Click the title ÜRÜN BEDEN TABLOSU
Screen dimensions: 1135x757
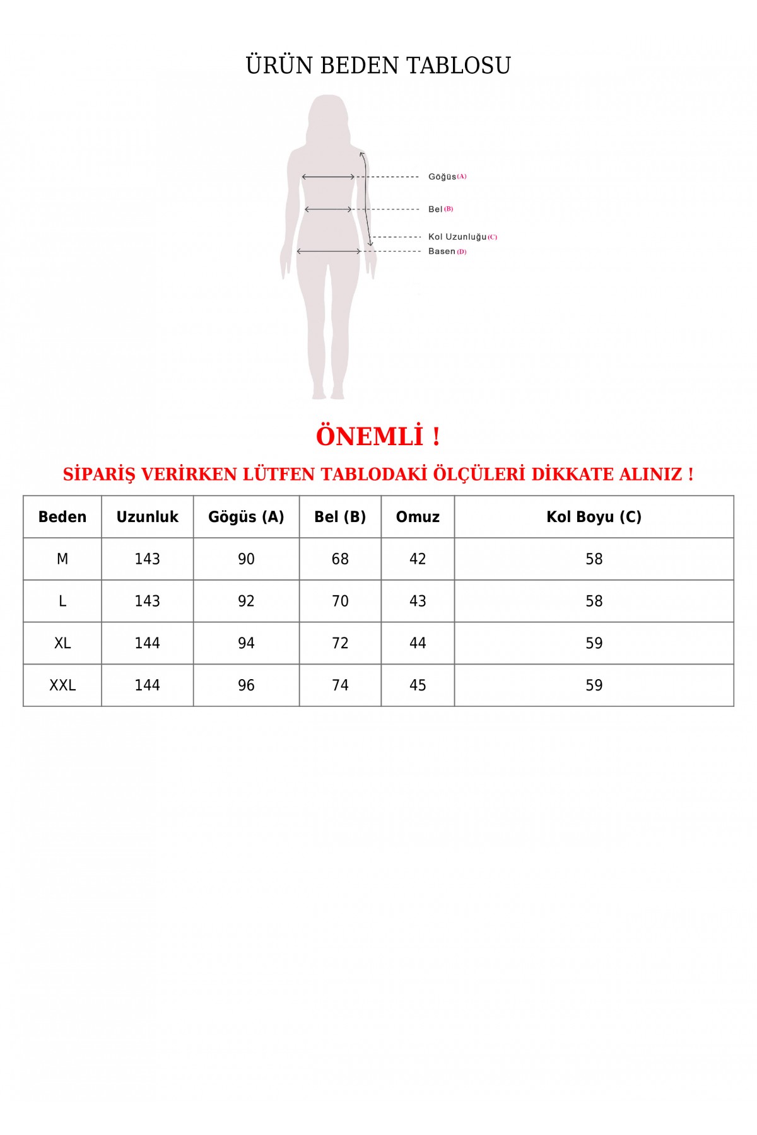[378, 66]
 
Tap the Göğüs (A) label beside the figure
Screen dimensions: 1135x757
[447, 177]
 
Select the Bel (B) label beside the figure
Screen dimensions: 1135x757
[440, 209]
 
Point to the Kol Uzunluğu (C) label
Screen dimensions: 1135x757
[462, 237]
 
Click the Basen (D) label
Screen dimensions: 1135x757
[447, 252]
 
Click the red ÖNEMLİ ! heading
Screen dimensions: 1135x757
[378, 436]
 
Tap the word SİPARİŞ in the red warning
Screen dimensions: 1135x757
[99, 474]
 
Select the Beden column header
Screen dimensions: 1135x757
[62, 517]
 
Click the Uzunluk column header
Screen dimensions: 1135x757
[147, 517]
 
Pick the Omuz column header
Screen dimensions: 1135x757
[418, 517]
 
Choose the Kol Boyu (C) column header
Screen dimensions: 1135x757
[594, 517]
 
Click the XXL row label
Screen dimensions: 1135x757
[62, 685]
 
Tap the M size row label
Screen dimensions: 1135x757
[62, 559]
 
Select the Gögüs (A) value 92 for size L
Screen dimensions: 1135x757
[246, 602]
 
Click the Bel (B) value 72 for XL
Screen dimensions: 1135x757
[340, 643]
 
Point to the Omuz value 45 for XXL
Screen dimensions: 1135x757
[418, 685]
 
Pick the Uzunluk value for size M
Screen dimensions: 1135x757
[147, 559]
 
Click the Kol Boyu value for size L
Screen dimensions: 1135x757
[594, 602]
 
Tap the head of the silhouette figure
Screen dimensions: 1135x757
[328, 117]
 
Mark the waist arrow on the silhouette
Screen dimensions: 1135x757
[328, 209]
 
